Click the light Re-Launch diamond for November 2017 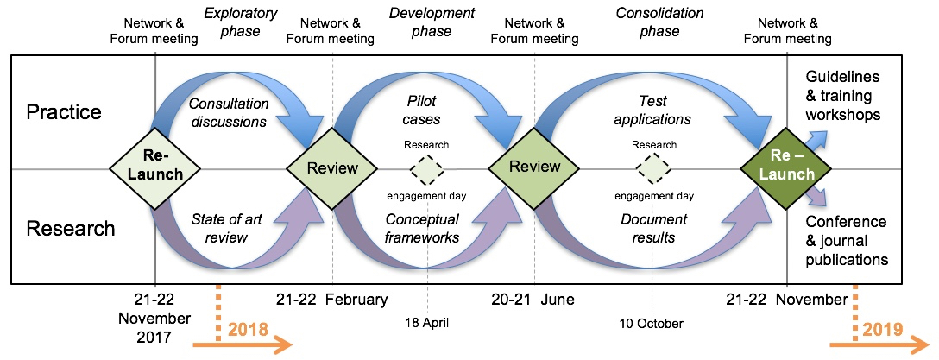click(x=156, y=168)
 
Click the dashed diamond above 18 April click(x=427, y=169)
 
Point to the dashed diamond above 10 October click(x=653, y=169)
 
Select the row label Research click(x=71, y=229)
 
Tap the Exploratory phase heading click(x=240, y=22)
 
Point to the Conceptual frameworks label click(x=422, y=229)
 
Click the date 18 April click(x=428, y=324)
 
